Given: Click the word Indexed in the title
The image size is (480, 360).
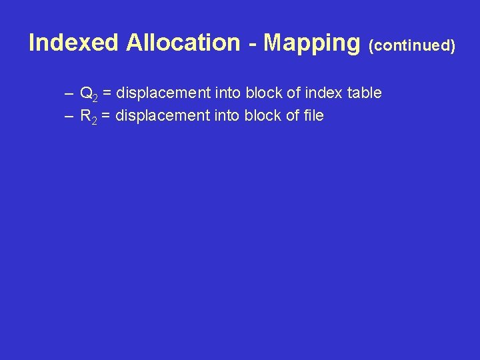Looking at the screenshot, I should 74,43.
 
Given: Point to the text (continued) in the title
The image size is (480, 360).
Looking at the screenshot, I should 412,45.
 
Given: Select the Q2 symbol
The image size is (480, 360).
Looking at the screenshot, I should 89,93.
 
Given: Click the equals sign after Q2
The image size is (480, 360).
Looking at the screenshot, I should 107,93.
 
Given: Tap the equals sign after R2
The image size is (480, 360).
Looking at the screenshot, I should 107,115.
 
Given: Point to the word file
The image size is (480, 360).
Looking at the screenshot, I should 312,115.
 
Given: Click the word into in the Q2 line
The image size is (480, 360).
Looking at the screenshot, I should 227,93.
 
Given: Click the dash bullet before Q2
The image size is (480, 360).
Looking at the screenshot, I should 69,93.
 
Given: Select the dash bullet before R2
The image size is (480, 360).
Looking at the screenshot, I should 69,116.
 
